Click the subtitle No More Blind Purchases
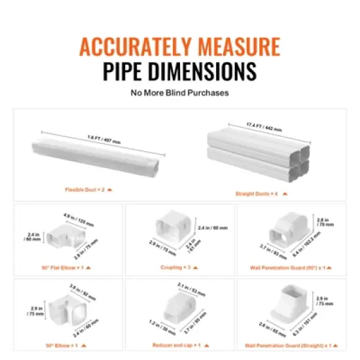click(179, 93)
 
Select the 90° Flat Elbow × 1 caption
click(64, 267)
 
